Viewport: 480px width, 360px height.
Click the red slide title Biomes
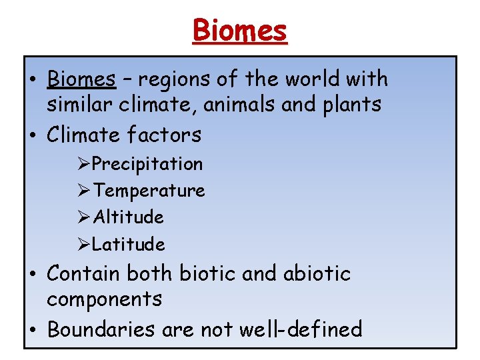[240, 30]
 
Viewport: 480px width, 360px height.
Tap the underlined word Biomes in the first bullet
[81, 79]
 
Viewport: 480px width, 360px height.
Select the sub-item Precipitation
[147, 164]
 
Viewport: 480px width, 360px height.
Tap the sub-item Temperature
[149, 191]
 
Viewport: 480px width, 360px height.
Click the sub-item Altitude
[128, 217]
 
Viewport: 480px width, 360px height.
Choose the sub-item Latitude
[128, 245]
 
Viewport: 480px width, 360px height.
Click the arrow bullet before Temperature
[84, 191]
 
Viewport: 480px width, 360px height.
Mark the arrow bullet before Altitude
[84, 217]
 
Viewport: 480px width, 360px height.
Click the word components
[104, 299]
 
